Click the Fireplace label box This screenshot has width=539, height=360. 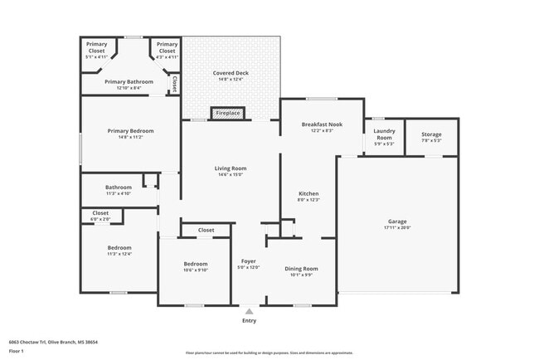tap(227, 112)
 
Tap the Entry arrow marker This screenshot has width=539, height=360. tap(249, 311)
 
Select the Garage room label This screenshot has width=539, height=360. tap(398, 222)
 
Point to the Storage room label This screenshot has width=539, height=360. tap(431, 134)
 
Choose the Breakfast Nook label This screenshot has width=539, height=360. tap(322, 124)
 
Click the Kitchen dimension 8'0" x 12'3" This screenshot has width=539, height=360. tap(308, 200)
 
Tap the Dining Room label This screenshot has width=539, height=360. tap(301, 268)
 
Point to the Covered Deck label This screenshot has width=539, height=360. tap(231, 73)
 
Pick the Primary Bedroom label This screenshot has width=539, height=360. tap(130, 131)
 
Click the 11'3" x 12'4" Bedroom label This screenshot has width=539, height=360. tap(119, 248)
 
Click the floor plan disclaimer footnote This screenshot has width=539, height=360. tap(269, 353)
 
